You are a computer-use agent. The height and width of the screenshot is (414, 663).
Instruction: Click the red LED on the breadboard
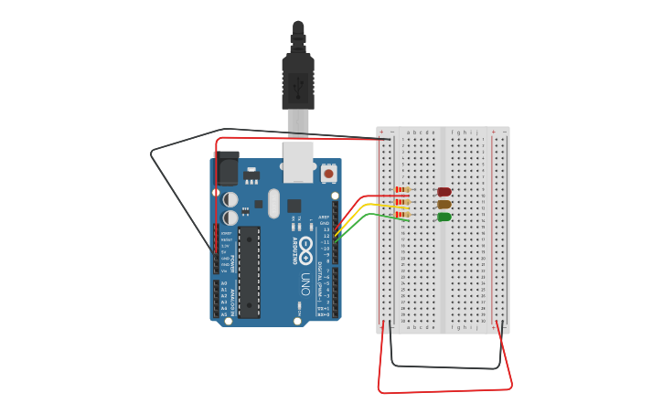pyautogui.click(x=444, y=192)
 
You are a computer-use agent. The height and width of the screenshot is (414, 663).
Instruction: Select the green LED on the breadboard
pyautogui.click(x=444, y=217)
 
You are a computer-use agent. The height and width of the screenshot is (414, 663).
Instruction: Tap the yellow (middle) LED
pyautogui.click(x=444, y=205)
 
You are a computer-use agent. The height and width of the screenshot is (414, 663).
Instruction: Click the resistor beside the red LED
pyautogui.click(x=401, y=191)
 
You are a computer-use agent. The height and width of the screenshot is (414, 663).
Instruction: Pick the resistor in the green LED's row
pyautogui.click(x=401, y=214)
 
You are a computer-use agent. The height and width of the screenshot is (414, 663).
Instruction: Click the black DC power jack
pyautogui.click(x=227, y=170)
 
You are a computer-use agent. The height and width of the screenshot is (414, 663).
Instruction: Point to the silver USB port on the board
pyautogui.click(x=298, y=160)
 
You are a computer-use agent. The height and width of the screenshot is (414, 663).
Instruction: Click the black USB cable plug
pyautogui.click(x=298, y=82)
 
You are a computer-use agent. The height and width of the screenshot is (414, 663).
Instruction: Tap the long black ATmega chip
pyautogui.click(x=249, y=271)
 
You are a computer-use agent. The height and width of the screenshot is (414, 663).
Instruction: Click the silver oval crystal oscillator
pyautogui.click(x=273, y=203)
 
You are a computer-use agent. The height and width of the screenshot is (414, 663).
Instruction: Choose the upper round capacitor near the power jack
pyautogui.click(x=230, y=199)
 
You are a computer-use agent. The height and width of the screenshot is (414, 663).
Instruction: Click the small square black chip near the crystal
pyautogui.click(x=294, y=206)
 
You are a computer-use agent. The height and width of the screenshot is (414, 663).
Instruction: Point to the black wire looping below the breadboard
pyautogui.click(x=445, y=366)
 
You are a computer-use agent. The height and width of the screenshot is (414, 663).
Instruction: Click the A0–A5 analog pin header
pyautogui.click(x=216, y=299)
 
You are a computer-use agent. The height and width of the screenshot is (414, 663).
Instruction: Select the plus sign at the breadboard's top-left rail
pyautogui.click(x=381, y=132)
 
